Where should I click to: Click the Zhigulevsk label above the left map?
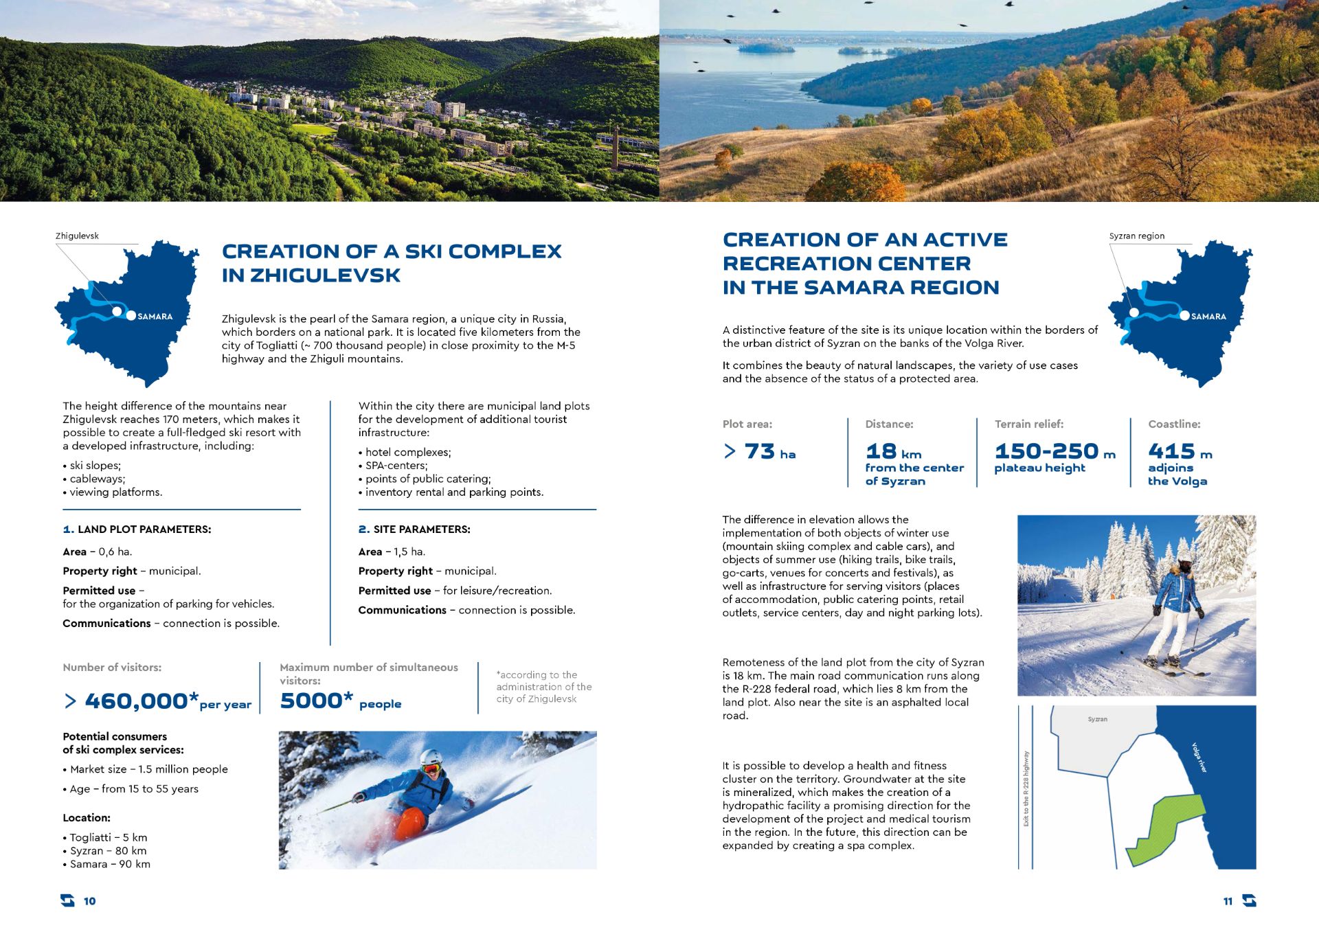pyautogui.click(x=77, y=236)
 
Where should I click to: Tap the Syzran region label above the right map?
pyautogui.click(x=1136, y=236)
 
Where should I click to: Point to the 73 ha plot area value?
pyautogui.click(x=760, y=452)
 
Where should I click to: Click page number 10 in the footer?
pyautogui.click(x=90, y=901)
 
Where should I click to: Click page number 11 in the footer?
pyautogui.click(x=1228, y=901)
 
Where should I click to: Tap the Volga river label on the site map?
pyautogui.click(x=1199, y=758)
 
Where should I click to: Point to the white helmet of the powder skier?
pyautogui.click(x=431, y=758)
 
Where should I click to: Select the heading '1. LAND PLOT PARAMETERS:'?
pyautogui.click(x=137, y=530)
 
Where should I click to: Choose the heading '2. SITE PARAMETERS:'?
pyautogui.click(x=414, y=530)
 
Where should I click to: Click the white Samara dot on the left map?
pyautogui.click(x=131, y=316)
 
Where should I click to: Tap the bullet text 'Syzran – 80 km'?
pyautogui.click(x=108, y=851)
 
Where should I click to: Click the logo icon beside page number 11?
pyautogui.click(x=1250, y=900)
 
